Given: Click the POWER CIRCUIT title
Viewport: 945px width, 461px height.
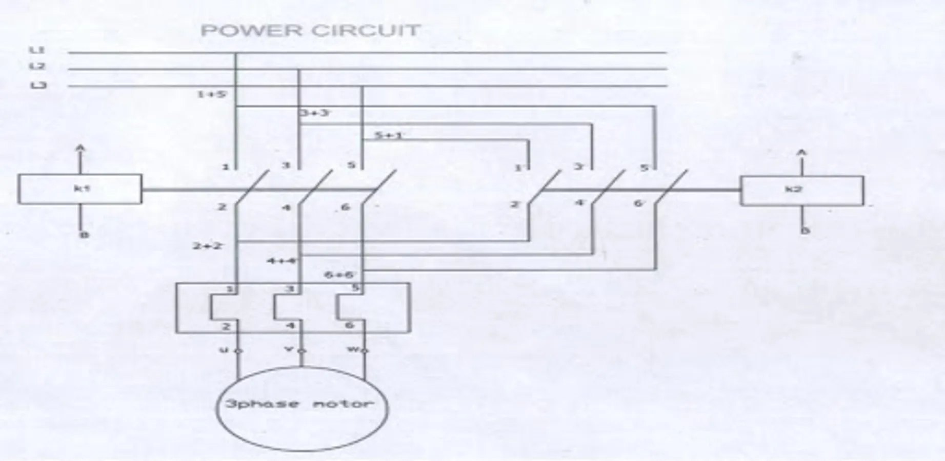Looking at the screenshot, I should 311,31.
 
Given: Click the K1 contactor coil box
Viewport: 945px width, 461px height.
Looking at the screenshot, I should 80,189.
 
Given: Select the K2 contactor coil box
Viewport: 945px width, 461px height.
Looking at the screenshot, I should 801,191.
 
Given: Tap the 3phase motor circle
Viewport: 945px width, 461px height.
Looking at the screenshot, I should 301,408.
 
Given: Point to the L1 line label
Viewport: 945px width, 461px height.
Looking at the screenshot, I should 37,50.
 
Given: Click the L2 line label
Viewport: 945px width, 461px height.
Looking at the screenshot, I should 37,67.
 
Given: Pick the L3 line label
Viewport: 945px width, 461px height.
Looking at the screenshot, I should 37,85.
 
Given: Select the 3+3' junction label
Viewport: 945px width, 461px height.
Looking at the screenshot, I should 315,113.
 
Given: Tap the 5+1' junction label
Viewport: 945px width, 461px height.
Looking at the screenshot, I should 389,136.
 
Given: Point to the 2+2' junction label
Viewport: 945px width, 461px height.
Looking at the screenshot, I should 208,246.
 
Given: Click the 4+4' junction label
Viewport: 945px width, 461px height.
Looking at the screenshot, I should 282,261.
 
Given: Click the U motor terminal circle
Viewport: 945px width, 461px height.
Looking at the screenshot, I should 237,351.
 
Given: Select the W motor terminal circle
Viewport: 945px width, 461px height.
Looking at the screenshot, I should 364,351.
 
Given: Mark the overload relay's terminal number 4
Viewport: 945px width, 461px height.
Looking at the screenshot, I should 290,326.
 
